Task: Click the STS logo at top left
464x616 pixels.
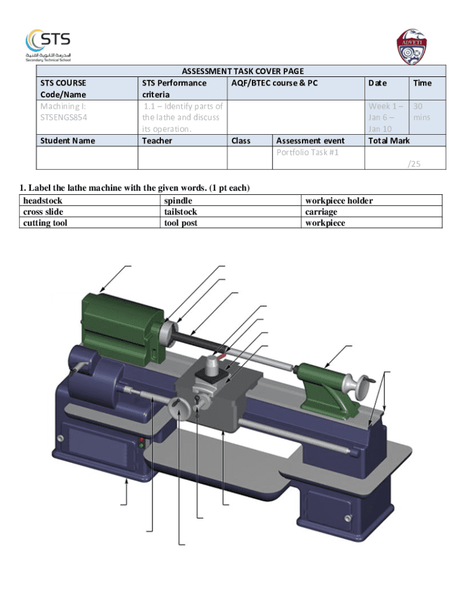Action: pyautogui.click(x=48, y=46)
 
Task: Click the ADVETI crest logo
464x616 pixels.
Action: pyautogui.click(x=411, y=46)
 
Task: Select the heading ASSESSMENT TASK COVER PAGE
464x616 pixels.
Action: pyautogui.click(x=242, y=71)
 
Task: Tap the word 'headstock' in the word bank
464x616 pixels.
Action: pyautogui.click(x=43, y=201)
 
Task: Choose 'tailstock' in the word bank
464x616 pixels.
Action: pyautogui.click(x=180, y=212)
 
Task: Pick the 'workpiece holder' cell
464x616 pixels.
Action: pyautogui.click(x=339, y=201)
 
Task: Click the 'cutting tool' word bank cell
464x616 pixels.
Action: pyautogui.click(x=45, y=223)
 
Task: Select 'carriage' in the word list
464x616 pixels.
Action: pyautogui.click(x=321, y=212)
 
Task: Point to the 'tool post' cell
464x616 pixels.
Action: pyautogui.click(x=181, y=223)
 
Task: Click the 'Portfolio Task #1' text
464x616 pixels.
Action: pyautogui.click(x=307, y=152)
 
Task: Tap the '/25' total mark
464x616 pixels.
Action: pyautogui.click(x=414, y=164)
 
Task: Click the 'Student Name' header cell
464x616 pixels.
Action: pyautogui.click(x=67, y=141)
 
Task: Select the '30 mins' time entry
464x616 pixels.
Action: pyautogui.click(x=421, y=112)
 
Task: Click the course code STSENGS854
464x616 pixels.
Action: pyautogui.click(x=63, y=117)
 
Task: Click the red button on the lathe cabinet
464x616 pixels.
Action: pyautogui.click(x=141, y=439)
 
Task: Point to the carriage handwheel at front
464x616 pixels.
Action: pyautogui.click(x=180, y=410)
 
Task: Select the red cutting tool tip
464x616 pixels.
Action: pyautogui.click(x=222, y=356)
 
